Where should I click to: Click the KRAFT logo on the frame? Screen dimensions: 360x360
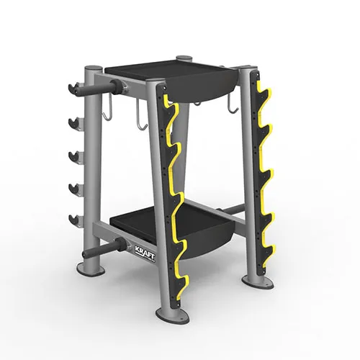point(148,250)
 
